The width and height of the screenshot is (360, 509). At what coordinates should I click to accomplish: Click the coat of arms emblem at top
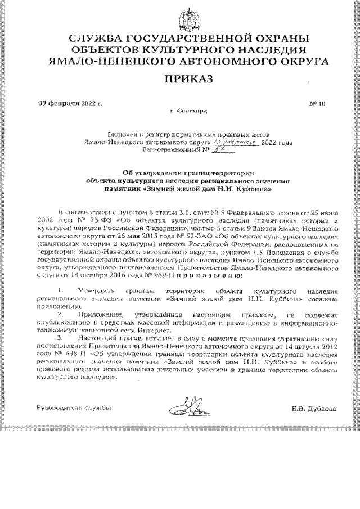pos(181,17)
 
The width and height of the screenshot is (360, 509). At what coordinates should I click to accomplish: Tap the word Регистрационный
pos(167,151)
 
